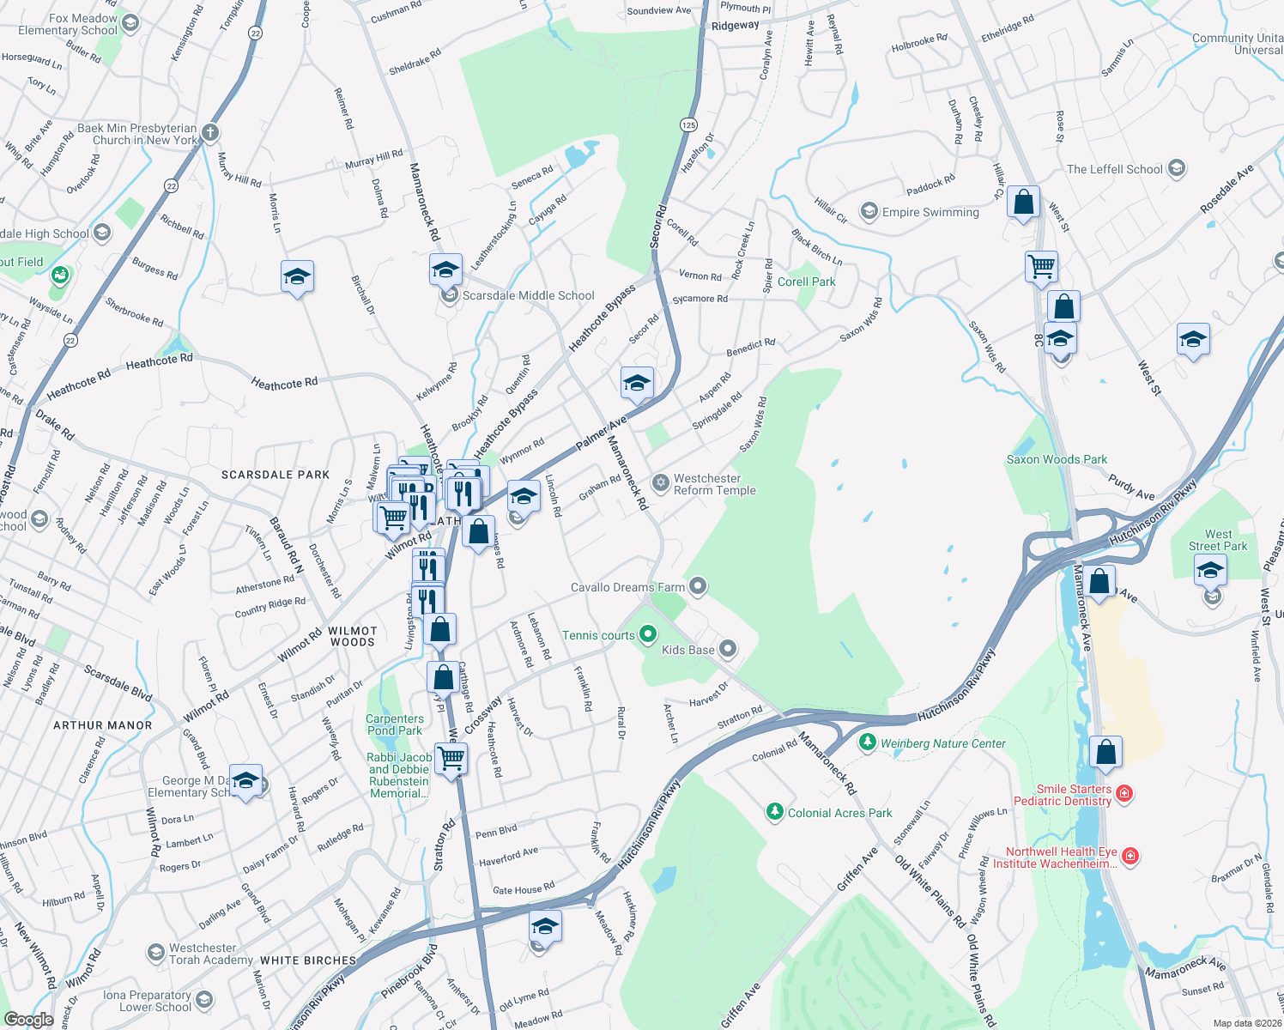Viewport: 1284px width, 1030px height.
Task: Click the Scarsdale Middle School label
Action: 528,295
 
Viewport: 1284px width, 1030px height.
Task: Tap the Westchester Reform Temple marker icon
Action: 661,482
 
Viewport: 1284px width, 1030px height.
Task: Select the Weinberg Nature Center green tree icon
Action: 867,742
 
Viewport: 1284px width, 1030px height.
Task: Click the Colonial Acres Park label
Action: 839,813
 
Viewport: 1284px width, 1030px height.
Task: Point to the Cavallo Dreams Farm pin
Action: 698,586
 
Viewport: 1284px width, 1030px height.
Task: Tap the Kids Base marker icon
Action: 728,649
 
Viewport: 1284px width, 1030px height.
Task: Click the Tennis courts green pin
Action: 648,634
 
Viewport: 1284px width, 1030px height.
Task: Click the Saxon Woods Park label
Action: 1057,459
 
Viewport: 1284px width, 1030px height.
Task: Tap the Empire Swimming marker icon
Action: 869,211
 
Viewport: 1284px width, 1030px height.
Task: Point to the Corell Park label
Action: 806,282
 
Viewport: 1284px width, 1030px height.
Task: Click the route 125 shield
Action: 688,124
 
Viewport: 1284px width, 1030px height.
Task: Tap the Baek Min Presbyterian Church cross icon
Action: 211,133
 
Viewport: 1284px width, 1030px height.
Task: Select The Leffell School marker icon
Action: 1177,168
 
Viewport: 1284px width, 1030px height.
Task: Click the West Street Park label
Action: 1218,540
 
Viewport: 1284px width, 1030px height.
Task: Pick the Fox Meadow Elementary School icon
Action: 130,23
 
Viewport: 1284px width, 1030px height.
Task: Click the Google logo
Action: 28,1019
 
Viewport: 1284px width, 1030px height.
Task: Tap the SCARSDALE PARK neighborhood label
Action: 276,475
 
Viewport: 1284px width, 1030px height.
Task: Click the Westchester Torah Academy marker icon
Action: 155,953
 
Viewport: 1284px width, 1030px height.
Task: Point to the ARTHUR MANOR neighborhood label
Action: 102,725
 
